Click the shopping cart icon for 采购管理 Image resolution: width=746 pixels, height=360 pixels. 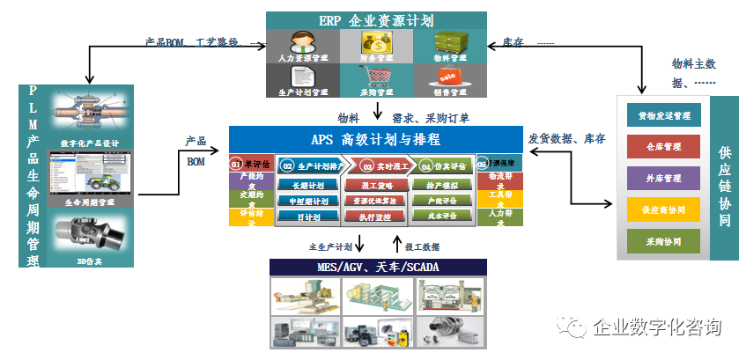(x=377, y=74)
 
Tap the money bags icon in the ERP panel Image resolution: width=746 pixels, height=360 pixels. (x=377, y=41)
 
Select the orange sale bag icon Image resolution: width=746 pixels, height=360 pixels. (x=450, y=74)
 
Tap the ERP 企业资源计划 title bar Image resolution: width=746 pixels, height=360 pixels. (x=377, y=19)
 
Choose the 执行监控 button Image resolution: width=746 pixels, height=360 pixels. (x=375, y=216)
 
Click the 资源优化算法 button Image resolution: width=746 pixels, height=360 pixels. (x=375, y=201)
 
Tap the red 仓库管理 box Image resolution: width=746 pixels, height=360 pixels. (x=665, y=146)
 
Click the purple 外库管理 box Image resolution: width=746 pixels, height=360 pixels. (x=665, y=178)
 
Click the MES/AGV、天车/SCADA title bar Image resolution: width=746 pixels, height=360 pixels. (x=379, y=267)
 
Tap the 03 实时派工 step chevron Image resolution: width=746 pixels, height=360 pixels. (x=380, y=165)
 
